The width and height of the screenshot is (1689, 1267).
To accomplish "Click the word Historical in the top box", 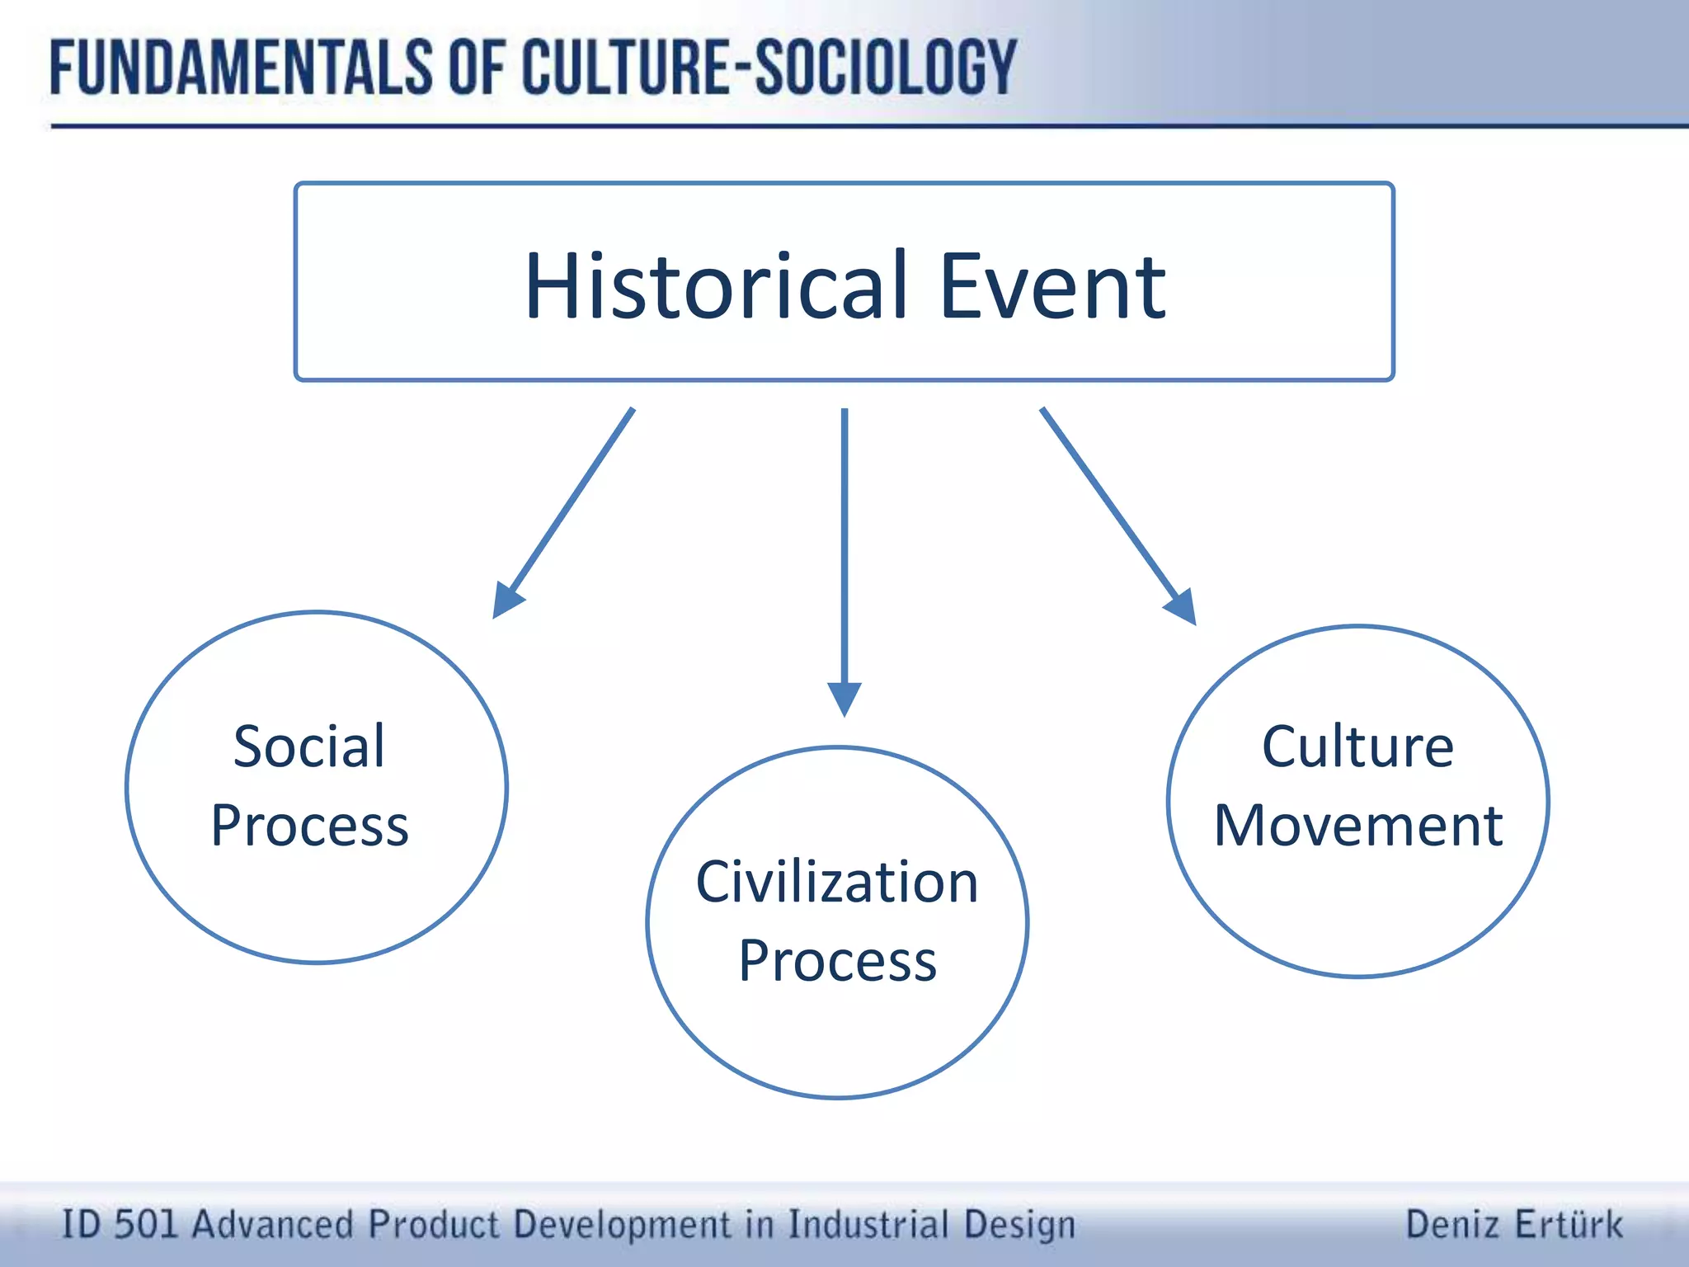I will coord(716,286).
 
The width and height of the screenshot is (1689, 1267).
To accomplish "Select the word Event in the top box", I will coord(1052,286).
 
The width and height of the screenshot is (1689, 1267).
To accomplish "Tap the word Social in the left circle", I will coord(308,747).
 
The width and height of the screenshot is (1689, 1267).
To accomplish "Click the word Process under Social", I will coord(309,826).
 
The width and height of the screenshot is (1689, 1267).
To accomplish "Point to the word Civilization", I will coord(837,882).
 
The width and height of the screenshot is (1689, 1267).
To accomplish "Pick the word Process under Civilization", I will coord(837,961).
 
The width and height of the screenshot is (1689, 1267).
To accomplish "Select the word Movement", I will coord(1358,826).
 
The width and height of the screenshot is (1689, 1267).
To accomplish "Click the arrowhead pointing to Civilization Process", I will coord(844,699).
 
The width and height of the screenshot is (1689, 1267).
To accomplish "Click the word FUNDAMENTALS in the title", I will coord(240,68).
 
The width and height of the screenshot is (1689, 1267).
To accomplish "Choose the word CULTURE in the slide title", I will coord(627,68).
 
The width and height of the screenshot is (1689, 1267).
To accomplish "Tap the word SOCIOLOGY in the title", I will coord(886,68).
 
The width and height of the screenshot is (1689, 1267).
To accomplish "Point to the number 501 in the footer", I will coord(146,1224).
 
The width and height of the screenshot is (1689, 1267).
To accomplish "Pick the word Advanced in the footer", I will coord(273,1224).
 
